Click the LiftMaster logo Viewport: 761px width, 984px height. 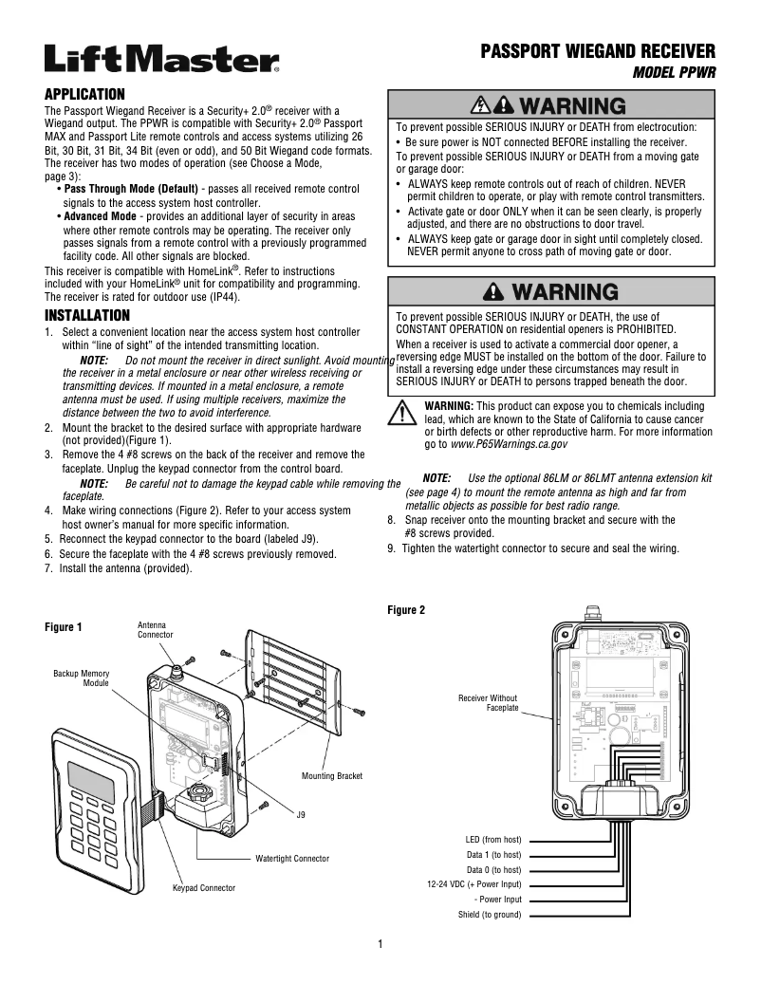161,60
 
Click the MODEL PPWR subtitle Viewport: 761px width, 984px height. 673,72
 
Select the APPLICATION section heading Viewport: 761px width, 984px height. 85,94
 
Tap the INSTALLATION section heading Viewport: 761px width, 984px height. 87,315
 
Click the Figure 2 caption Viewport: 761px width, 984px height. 407,610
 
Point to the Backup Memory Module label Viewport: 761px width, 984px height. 82,678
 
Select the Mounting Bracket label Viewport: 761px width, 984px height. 332,776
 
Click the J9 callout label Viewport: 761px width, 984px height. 301,814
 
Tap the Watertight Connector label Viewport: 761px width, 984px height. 292,858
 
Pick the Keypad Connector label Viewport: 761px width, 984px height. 203,887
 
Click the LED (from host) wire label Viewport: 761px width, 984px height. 493,840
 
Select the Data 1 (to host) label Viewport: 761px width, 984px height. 493,855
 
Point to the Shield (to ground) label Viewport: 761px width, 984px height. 490,915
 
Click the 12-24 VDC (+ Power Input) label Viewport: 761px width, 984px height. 474,884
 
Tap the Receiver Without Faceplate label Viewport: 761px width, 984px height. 488,703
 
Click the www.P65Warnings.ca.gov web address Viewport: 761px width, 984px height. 509,443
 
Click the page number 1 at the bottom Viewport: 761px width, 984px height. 380,943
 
